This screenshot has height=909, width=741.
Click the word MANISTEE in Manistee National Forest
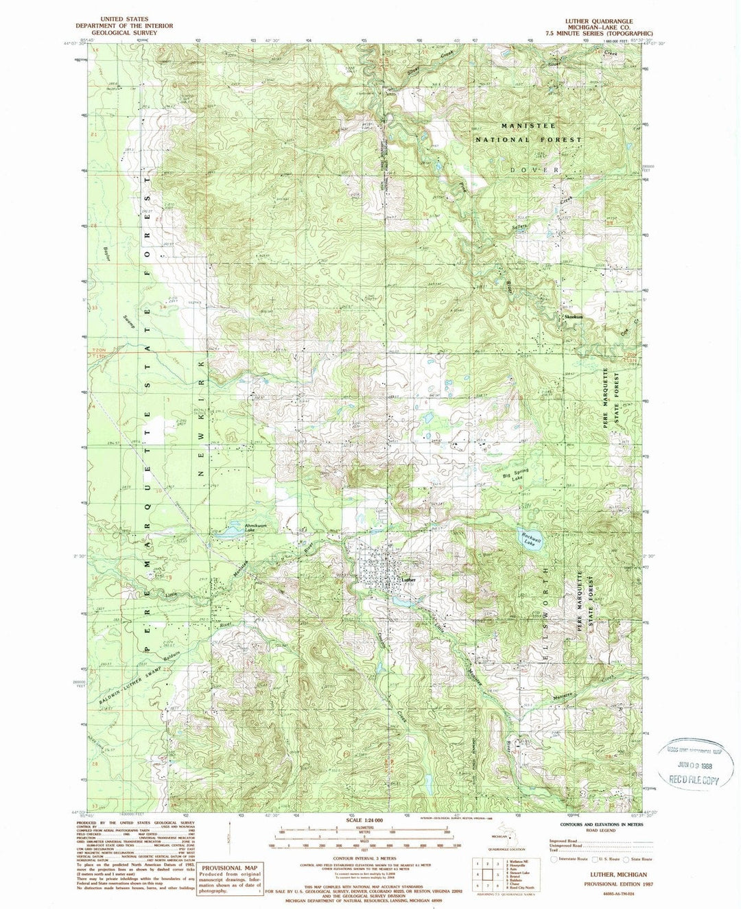click(526, 126)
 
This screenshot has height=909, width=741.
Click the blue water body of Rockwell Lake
click(528, 538)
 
